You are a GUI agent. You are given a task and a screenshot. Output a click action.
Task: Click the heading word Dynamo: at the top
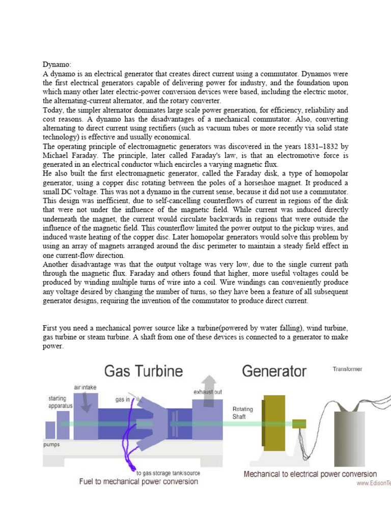tap(57, 65)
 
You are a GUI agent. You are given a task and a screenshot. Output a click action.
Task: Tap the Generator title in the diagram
tap(274, 371)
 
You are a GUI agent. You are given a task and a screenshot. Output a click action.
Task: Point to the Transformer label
tap(347, 369)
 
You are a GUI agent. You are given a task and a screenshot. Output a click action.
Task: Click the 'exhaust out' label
tap(207, 392)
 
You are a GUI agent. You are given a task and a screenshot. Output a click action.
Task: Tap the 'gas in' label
tap(123, 400)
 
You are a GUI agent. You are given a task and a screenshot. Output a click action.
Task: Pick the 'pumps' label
tap(51, 444)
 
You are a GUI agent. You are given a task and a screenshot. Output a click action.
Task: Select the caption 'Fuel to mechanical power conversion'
tap(138, 481)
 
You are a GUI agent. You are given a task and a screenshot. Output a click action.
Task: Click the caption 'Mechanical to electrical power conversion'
tap(311, 474)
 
